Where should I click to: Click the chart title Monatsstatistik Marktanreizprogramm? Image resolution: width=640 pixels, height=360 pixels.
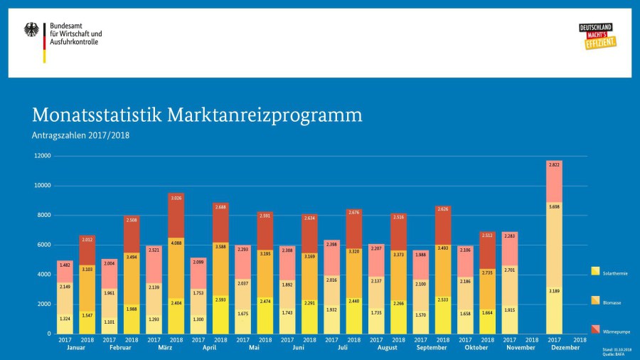click(x=197, y=115)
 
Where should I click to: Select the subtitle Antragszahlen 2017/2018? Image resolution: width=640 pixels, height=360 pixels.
click(x=80, y=135)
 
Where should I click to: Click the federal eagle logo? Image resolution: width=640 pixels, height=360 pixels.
click(x=32, y=30)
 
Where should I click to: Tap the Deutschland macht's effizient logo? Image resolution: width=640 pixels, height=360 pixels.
click(x=597, y=36)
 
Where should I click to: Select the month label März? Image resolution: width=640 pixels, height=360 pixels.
click(x=165, y=348)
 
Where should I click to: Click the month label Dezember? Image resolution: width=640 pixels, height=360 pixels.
click(x=565, y=348)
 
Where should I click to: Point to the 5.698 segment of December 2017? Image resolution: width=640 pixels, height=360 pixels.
click(x=554, y=207)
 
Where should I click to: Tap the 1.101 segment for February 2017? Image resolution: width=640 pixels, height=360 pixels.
click(x=110, y=322)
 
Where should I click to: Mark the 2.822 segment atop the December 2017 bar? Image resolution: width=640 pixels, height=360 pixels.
click(x=554, y=164)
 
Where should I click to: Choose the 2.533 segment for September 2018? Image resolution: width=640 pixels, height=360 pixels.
click(x=442, y=300)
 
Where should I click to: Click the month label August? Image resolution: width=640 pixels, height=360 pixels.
click(x=388, y=348)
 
